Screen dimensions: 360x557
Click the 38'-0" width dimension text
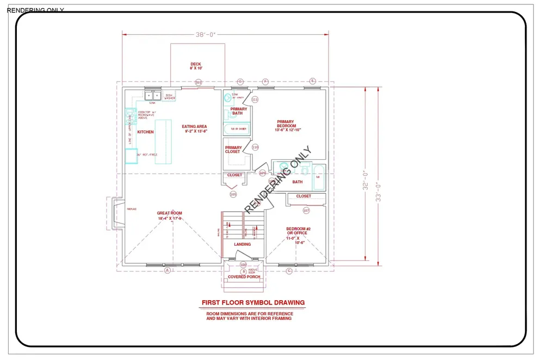tap(206, 34)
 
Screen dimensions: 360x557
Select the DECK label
tap(196, 66)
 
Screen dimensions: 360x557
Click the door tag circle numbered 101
tap(199, 83)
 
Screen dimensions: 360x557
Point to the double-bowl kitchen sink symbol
tap(152, 96)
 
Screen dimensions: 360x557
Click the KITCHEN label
tap(145, 132)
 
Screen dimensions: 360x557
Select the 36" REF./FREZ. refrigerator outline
tap(131, 156)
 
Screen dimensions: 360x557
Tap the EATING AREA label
tap(194, 129)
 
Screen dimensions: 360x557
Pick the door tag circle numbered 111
tap(255, 100)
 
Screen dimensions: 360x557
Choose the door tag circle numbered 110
tap(255, 147)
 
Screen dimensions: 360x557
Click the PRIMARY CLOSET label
tap(233, 150)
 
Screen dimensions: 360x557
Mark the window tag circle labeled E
tap(312, 81)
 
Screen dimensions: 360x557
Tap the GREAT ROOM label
tap(169, 215)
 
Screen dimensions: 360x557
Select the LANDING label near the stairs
tap(242, 244)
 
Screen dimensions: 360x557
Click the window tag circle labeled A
tap(168, 270)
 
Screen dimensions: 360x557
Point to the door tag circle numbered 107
tap(306, 210)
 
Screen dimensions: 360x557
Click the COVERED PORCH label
tap(244, 277)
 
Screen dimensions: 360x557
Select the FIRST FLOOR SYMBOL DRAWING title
tap(253, 302)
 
